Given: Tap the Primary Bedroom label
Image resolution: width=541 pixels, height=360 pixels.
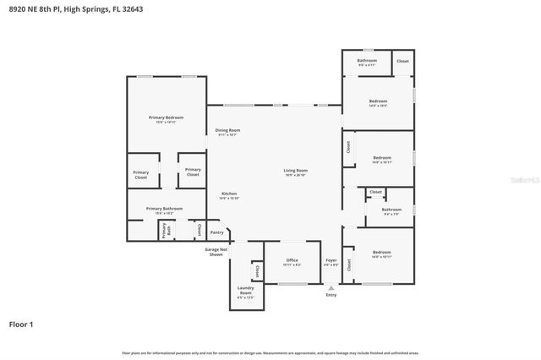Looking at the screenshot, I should [165, 119].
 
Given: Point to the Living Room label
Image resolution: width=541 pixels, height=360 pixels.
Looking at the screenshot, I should [295, 172].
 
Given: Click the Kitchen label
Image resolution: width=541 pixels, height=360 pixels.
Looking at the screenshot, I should [229, 195].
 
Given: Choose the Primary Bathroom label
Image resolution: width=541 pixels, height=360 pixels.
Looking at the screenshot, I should [164, 210].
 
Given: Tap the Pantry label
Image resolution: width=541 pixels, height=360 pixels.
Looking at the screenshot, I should [217, 232].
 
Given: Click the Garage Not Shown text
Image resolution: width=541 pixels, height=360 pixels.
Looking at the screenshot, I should [215, 252].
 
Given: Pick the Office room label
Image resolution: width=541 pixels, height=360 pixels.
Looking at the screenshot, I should [292, 262].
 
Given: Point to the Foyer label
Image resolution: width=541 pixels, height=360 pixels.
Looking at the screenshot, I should [331, 262].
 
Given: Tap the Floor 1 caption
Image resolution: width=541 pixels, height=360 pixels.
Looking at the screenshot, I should [21, 324].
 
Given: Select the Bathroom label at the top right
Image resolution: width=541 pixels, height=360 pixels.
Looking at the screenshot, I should [367, 62].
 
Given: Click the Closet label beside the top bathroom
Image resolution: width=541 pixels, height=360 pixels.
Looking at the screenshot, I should [402, 61].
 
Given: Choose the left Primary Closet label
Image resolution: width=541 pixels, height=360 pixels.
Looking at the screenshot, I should [140, 176].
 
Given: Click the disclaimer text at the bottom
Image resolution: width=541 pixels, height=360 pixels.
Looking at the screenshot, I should [270, 352].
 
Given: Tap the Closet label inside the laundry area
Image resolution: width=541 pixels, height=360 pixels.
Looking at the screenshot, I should [256, 271].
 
